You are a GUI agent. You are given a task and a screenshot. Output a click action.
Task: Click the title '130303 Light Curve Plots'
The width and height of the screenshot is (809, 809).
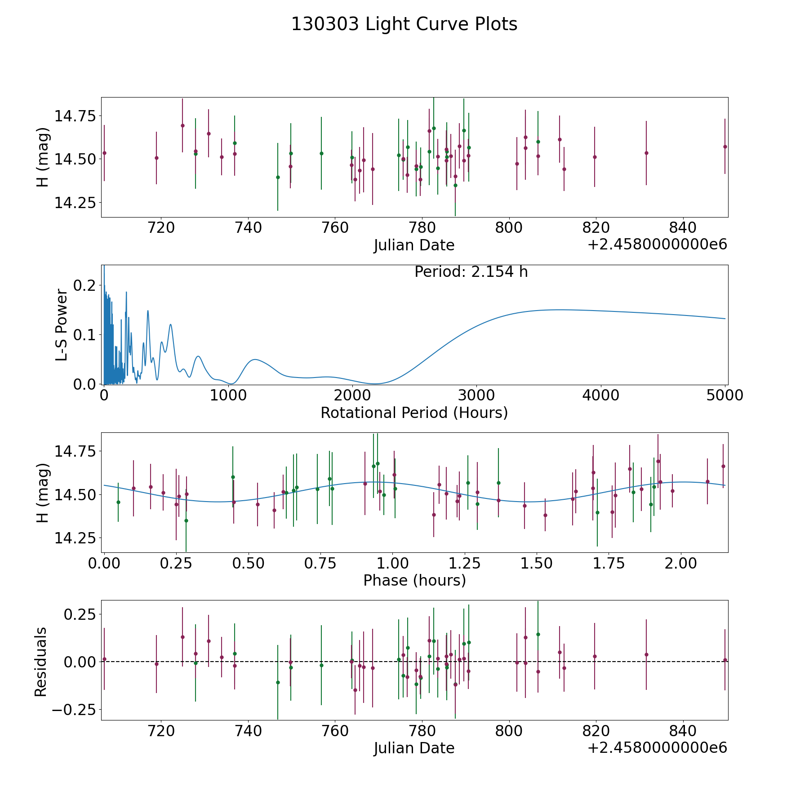(x=404, y=24)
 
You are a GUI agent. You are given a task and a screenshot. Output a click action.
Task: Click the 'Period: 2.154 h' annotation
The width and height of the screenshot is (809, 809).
(x=471, y=272)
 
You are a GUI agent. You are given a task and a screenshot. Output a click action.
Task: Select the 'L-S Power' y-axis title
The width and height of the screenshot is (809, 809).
(x=62, y=325)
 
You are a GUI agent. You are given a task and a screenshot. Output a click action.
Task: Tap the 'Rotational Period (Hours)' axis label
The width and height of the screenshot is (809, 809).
(x=414, y=413)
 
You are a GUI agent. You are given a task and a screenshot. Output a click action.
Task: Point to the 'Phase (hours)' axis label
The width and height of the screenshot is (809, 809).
(x=414, y=580)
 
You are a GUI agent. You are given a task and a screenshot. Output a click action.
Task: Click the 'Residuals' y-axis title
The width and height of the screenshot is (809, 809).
(x=41, y=662)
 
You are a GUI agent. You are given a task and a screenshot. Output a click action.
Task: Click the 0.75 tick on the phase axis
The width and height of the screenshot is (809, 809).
(x=317, y=563)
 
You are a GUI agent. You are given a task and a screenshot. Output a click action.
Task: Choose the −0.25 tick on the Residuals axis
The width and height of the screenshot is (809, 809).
(x=71, y=710)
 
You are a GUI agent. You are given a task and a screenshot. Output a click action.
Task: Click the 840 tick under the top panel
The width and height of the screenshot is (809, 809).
(x=683, y=228)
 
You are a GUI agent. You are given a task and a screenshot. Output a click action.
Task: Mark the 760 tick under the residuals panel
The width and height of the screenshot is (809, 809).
(x=335, y=731)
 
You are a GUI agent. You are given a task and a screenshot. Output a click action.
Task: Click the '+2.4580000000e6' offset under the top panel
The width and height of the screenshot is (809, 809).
(x=657, y=244)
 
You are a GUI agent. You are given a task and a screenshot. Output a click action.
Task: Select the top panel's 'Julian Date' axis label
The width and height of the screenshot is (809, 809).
(x=414, y=245)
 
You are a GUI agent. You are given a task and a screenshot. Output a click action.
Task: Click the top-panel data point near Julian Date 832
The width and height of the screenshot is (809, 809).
(x=646, y=153)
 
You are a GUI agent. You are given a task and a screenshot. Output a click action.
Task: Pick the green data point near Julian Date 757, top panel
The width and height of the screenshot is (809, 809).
(x=321, y=153)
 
